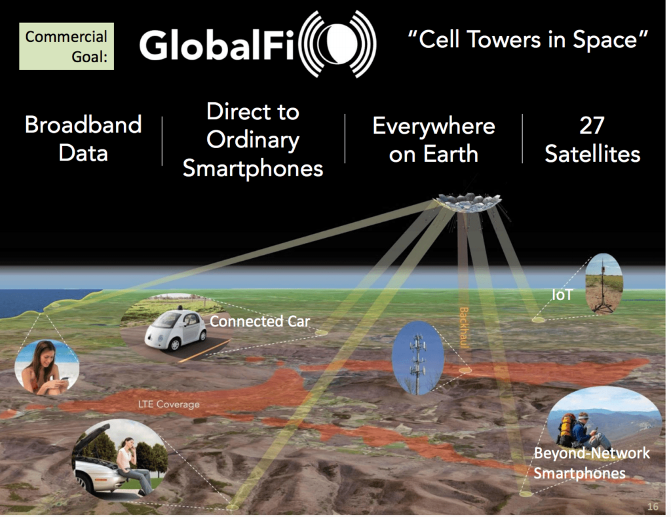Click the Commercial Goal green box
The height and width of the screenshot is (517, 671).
click(67, 46)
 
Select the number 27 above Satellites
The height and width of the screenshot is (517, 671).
click(592, 126)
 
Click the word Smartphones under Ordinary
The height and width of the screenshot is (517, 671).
click(253, 168)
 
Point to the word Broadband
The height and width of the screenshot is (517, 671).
click(83, 124)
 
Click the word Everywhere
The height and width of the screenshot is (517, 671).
click(433, 126)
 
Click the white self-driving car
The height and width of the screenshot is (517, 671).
click(176, 329)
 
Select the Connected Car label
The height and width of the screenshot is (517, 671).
click(259, 321)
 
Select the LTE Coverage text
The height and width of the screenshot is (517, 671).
click(168, 404)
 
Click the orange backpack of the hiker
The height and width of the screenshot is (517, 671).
click(566, 431)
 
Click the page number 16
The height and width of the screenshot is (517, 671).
click(652, 507)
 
